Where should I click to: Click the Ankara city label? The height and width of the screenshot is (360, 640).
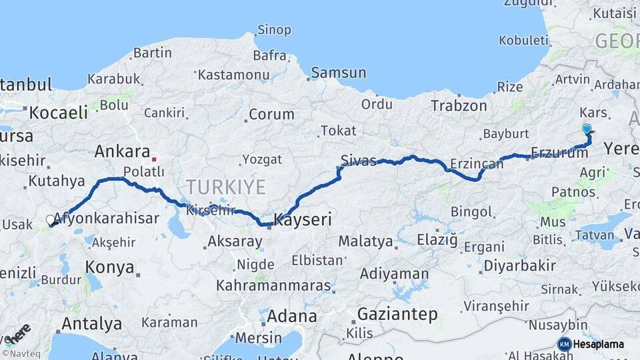(x=122, y=151)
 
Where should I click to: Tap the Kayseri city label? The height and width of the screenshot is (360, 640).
(x=303, y=219)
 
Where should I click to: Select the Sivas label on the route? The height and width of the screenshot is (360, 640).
(x=359, y=161)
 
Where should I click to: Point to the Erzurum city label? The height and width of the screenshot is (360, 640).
(x=560, y=153)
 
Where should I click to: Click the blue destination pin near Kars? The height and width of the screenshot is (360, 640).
(x=587, y=129)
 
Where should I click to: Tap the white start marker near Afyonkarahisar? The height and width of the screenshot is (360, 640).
(x=51, y=220)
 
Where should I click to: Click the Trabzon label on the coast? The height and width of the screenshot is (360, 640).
(x=459, y=106)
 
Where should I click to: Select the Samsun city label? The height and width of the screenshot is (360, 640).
(x=339, y=73)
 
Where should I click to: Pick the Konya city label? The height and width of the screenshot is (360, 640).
(x=110, y=267)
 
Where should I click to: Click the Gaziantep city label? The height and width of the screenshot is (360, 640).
(x=397, y=314)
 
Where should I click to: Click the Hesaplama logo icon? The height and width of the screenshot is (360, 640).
(x=564, y=344)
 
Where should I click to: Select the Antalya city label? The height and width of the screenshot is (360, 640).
(x=91, y=324)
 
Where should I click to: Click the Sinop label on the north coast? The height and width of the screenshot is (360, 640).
(x=274, y=30)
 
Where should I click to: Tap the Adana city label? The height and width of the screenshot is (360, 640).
(x=292, y=315)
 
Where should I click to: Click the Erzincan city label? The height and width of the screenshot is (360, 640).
(x=476, y=163)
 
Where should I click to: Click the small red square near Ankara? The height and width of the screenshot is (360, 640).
(x=155, y=159)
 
